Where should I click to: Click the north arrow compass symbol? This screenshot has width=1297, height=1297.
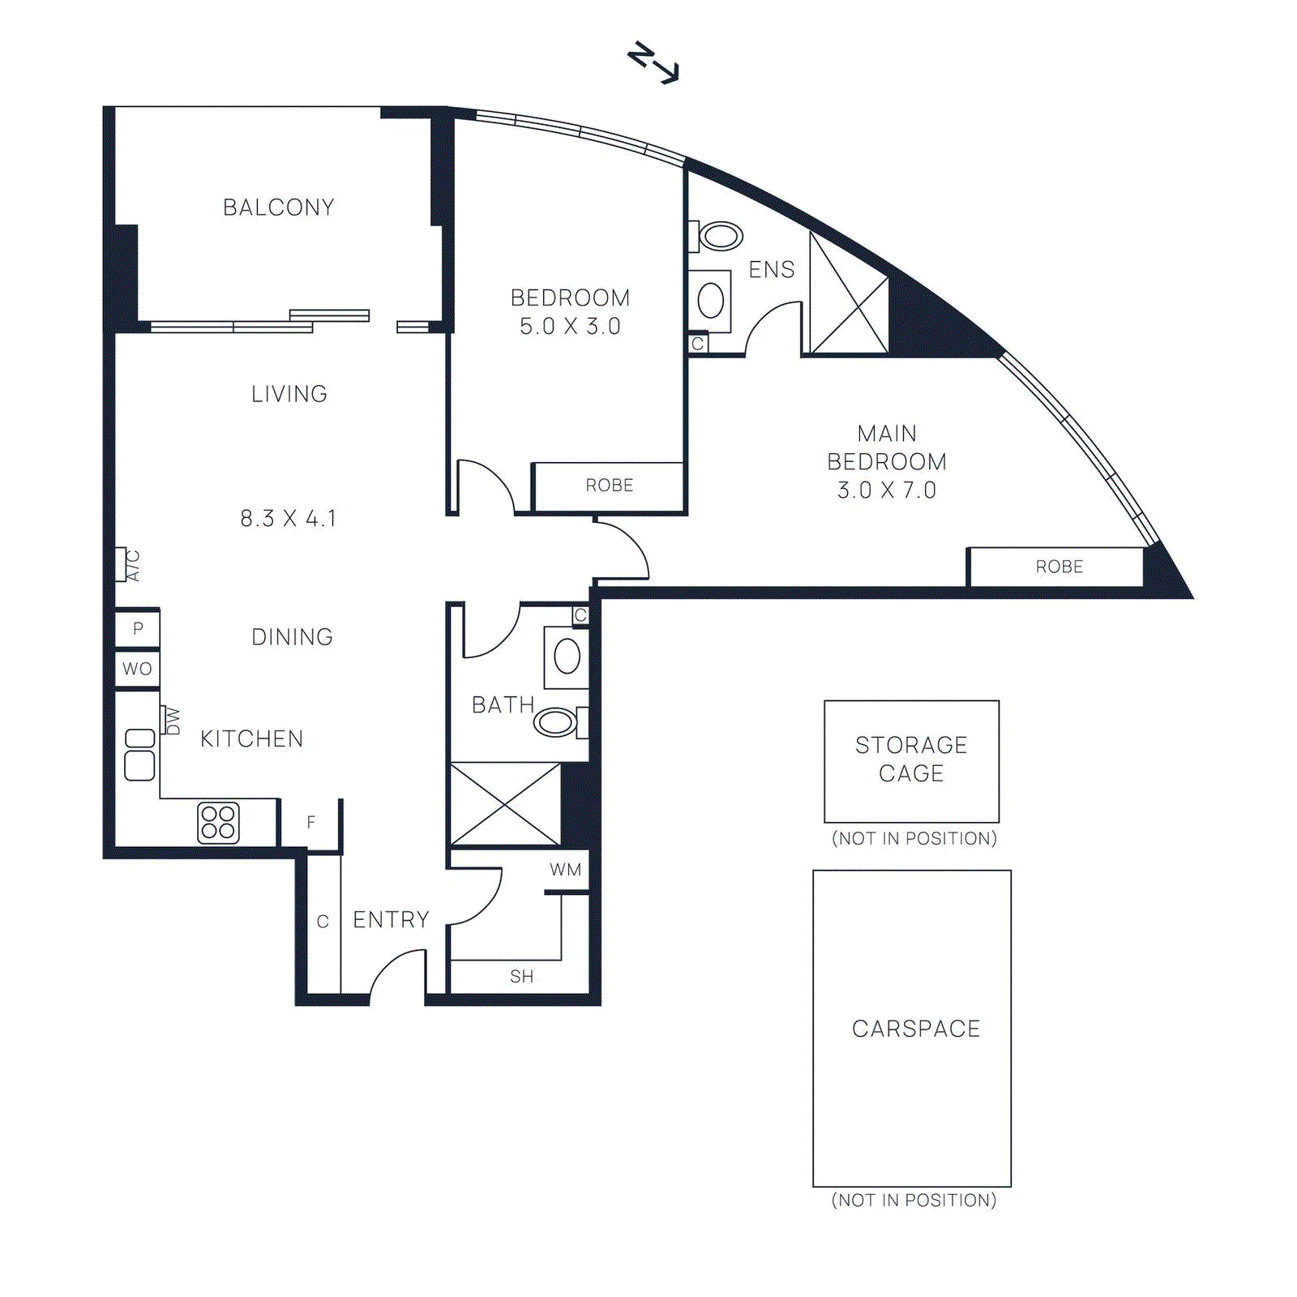tap(653, 63)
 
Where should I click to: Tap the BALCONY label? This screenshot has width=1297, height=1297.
tap(278, 208)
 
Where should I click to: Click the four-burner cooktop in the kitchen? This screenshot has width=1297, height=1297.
tap(218, 822)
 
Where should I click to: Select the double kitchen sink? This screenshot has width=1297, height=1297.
tap(139, 754)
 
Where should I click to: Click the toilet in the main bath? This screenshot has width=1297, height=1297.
tap(558, 721)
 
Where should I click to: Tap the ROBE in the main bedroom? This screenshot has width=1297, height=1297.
tap(1058, 567)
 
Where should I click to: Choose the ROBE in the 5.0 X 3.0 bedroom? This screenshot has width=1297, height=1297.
tap(609, 486)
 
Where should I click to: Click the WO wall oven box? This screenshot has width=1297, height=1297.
tap(137, 669)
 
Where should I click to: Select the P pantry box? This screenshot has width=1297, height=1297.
tap(137, 628)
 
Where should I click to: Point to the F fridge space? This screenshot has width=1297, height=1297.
tap(310, 823)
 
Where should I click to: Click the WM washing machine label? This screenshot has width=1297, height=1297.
tap(565, 870)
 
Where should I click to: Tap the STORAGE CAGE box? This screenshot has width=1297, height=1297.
tap(911, 760)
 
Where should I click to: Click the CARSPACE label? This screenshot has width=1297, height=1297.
tap(915, 1029)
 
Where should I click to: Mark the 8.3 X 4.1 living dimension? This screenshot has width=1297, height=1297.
tap(288, 519)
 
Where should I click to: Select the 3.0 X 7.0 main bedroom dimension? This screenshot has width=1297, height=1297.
tap(886, 490)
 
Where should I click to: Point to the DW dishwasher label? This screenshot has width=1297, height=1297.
tap(171, 720)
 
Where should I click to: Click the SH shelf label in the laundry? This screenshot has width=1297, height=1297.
tap(521, 977)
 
